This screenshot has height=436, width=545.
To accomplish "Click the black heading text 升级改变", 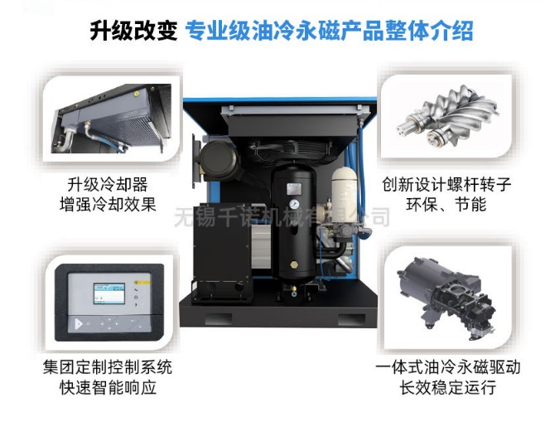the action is click(x=133, y=31).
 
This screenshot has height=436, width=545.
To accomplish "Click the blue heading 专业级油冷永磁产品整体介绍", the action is click(x=329, y=31).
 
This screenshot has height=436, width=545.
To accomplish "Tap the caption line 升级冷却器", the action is click(x=108, y=184).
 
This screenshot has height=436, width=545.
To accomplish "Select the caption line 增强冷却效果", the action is click(x=108, y=204).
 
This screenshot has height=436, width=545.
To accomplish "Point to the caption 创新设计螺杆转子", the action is click(x=446, y=184).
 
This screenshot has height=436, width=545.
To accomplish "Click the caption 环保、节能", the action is click(x=446, y=204).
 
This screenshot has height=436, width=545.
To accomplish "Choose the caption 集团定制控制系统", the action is click(x=108, y=367).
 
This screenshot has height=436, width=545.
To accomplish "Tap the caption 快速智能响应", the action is click(x=108, y=388).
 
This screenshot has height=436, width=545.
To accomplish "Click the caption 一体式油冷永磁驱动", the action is click(x=447, y=367).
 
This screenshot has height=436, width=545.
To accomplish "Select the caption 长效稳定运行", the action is click(x=447, y=388).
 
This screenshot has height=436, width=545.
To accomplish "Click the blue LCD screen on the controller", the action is click(x=109, y=293).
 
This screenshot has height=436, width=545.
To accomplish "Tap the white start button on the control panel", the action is click(x=79, y=324).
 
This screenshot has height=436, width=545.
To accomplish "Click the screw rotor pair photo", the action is click(x=447, y=117).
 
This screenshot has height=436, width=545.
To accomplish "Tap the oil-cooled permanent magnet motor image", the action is click(x=448, y=298).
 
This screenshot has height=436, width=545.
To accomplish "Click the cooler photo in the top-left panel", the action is click(x=111, y=119).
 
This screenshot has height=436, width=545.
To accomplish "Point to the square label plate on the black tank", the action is click(x=294, y=190).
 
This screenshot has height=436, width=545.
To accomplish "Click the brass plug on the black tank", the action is click(x=294, y=264).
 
